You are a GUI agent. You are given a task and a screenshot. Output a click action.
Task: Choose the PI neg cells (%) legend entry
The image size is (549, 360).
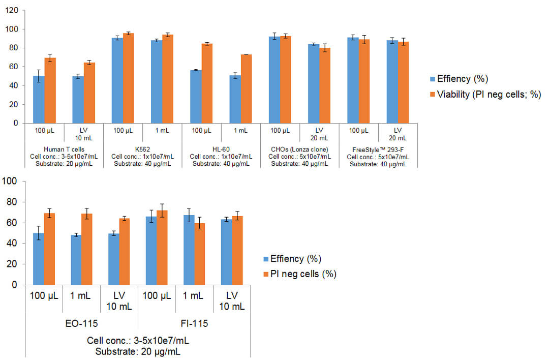tap(300, 274)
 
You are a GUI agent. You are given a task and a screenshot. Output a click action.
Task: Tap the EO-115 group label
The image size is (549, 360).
tap(82, 323)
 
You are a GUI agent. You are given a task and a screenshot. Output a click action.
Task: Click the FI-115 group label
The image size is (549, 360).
tap(194, 323)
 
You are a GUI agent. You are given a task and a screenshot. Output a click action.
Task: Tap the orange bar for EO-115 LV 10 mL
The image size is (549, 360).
tap(123, 251)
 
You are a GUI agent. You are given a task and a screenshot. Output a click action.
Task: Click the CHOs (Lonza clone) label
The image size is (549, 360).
tap(300, 149)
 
